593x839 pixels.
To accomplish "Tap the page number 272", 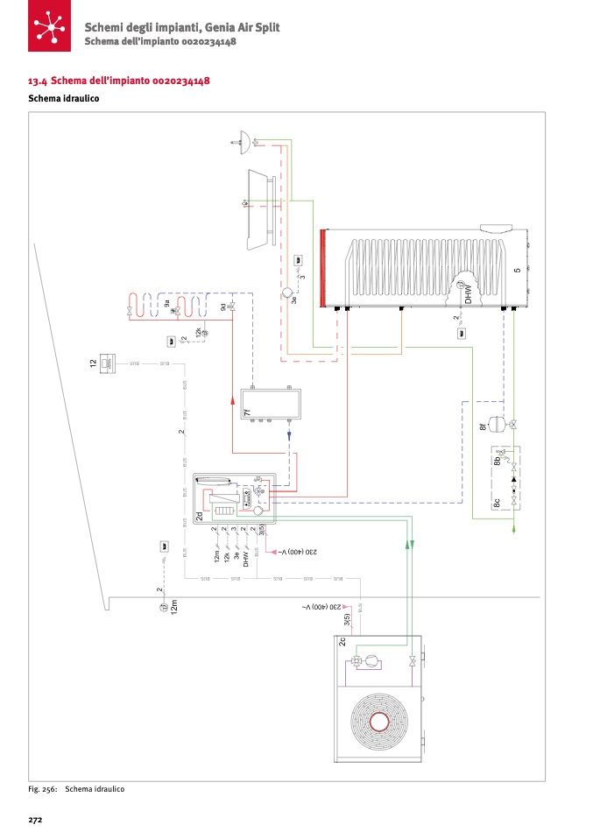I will pos(36,821).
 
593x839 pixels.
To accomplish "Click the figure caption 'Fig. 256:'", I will pos(43,789).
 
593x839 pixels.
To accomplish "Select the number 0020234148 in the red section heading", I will pos(180,81).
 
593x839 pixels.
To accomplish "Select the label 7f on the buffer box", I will pos(247,411).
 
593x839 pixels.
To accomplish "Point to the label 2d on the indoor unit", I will pos(200,517).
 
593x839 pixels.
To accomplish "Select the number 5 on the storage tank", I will pos(518,270).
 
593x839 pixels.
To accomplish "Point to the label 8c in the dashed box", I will pos(497,503).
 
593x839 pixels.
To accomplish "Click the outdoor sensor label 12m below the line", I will pos(174,605).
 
